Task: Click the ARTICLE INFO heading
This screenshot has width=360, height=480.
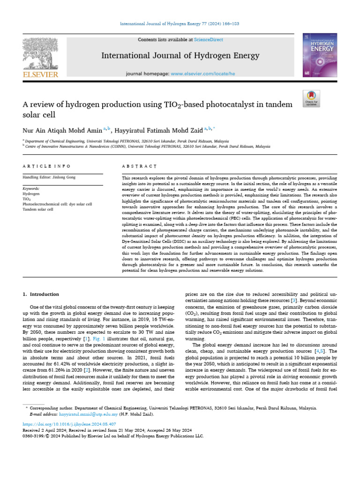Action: [47, 166]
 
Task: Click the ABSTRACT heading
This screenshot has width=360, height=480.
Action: [138, 166]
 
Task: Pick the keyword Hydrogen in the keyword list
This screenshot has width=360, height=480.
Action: [31, 193]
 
